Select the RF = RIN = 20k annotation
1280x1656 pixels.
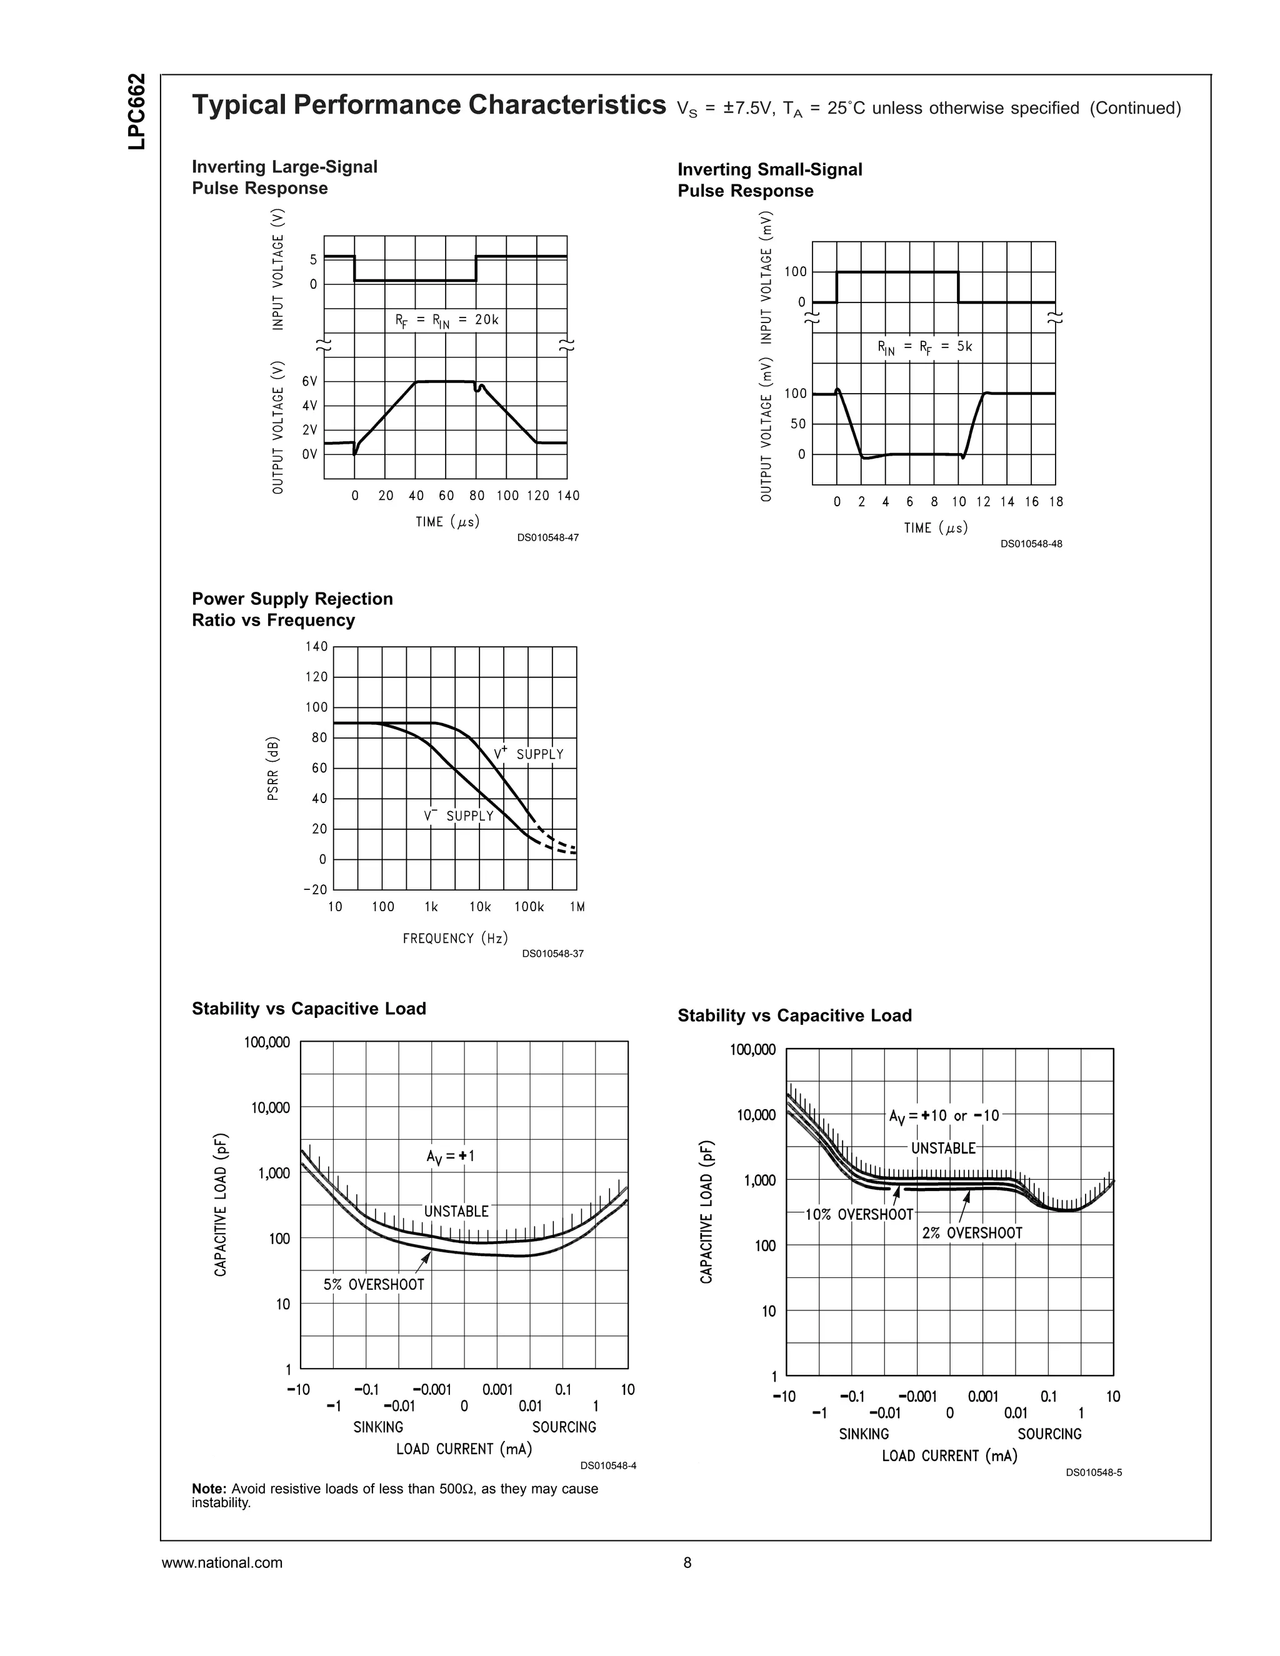pyautogui.click(x=447, y=321)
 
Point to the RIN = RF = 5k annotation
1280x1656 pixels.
pyautogui.click(x=924, y=347)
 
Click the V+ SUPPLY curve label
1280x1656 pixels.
pyautogui.click(x=529, y=754)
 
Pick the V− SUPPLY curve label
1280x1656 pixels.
pyautogui.click(x=459, y=816)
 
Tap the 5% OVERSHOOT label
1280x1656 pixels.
pyautogui.click(x=374, y=1284)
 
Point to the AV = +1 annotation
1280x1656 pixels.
pyautogui.click(x=451, y=1156)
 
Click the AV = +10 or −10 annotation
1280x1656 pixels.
pyautogui.click(x=944, y=1116)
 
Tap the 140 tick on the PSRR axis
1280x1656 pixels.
pyautogui.click(x=316, y=647)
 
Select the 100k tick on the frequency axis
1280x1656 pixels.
pyautogui.click(x=529, y=907)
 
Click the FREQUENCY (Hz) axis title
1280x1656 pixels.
pyautogui.click(x=455, y=939)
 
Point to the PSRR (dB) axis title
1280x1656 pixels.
pyautogui.click(x=274, y=768)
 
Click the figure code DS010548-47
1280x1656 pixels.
pyautogui.click(x=547, y=537)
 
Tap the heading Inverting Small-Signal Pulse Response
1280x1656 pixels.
pyautogui.click(x=769, y=181)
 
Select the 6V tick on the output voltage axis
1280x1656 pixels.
pyautogui.click(x=309, y=381)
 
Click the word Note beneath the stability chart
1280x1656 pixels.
pyautogui.click(x=209, y=1489)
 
